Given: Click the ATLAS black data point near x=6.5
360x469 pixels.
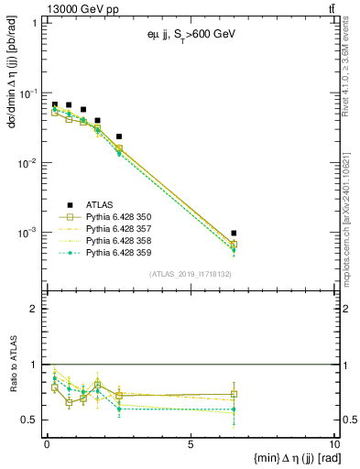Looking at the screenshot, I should pos(234,234).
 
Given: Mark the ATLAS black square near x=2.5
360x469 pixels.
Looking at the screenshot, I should pos(119,136).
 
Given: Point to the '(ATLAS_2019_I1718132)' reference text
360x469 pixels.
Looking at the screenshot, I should pos(189,274).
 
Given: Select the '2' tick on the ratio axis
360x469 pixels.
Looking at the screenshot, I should pos(36,309).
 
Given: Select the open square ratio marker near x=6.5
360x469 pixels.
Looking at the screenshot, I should pos(234,394).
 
